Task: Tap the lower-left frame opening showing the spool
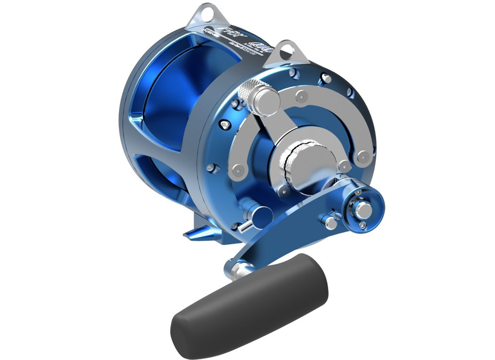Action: point(149,168)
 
